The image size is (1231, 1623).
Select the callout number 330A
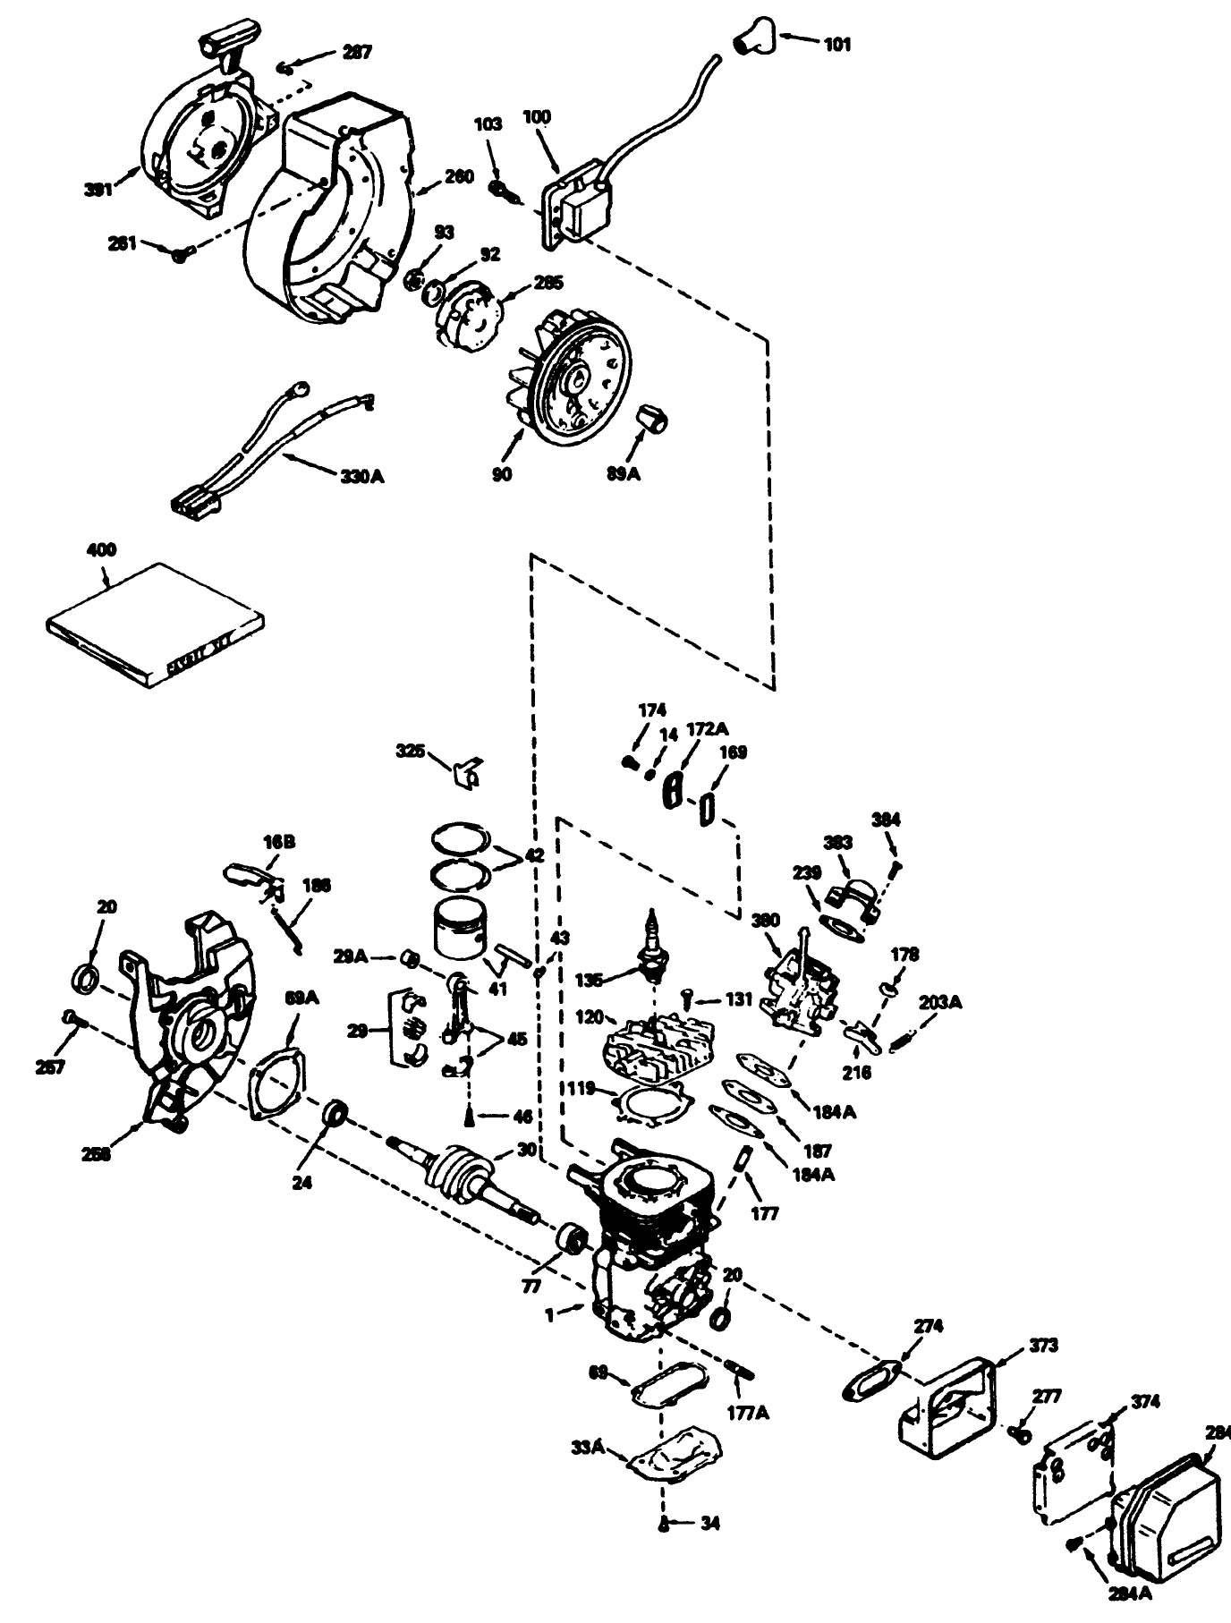click(361, 477)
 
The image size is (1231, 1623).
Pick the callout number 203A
click(940, 1003)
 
